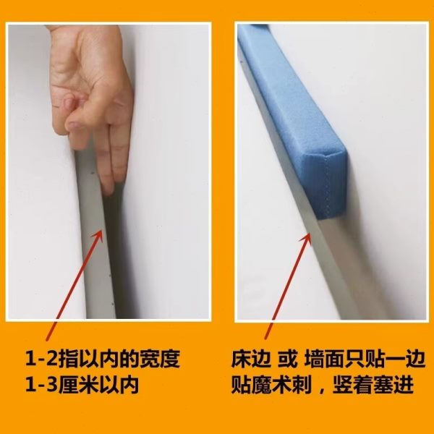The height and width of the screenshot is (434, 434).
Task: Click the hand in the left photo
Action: [x=94, y=94]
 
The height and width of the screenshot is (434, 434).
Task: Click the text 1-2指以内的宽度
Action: [x=111, y=359]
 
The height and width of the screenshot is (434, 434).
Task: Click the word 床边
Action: [x=253, y=359]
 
